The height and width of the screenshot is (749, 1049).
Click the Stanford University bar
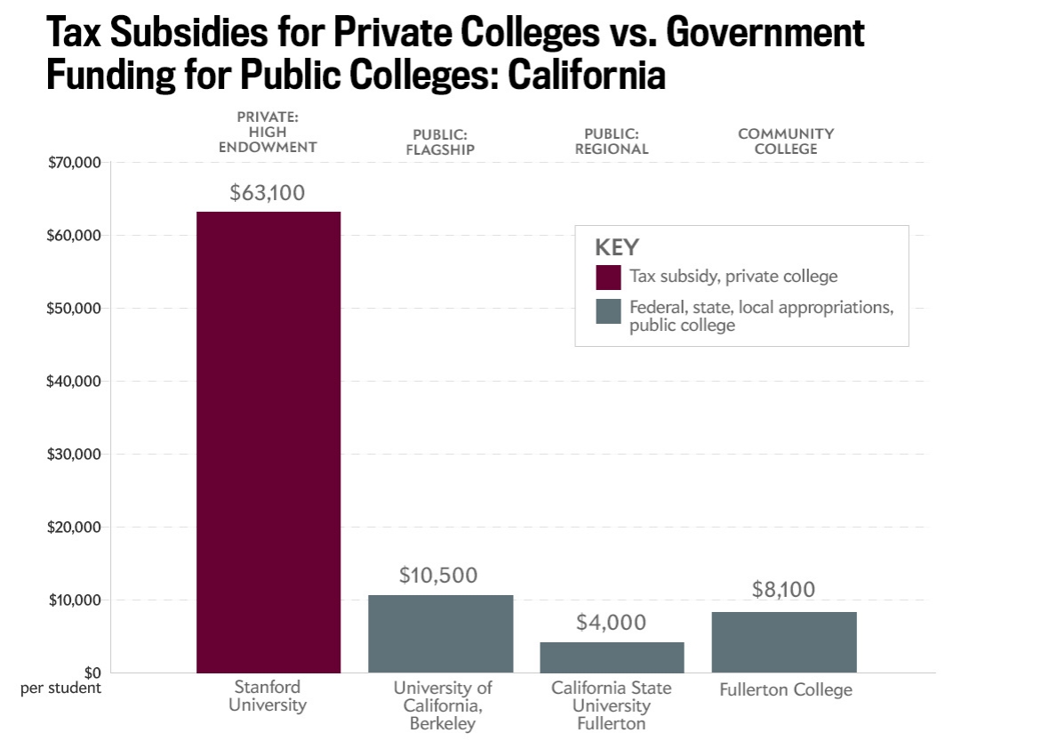pyautogui.click(x=268, y=441)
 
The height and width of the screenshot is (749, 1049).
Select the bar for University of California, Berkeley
pyautogui.click(x=440, y=633)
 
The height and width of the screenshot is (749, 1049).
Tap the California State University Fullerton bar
pyautogui.click(x=612, y=656)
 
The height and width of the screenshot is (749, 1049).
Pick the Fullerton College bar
pyautogui.click(x=784, y=641)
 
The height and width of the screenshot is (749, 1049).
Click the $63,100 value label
pyautogui.click(x=267, y=193)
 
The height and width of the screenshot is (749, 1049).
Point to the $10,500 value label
pyautogui.click(x=440, y=576)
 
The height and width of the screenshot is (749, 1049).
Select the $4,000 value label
pyautogui.click(x=612, y=623)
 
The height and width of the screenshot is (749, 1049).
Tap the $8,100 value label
pyautogui.click(x=783, y=590)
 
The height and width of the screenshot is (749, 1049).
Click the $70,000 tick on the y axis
pyautogui.click(x=75, y=163)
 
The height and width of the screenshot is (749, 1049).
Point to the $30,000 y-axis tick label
pyautogui.click(x=75, y=455)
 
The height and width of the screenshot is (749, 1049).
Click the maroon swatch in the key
pyautogui.click(x=609, y=277)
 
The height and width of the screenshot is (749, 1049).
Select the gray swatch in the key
pyautogui.click(x=609, y=311)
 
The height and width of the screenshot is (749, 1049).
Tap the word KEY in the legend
pyautogui.click(x=617, y=247)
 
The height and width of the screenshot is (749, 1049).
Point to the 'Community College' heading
pyautogui.click(x=786, y=141)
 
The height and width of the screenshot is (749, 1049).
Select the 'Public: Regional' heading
pyautogui.click(x=612, y=141)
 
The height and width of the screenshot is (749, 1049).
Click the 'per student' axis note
pyautogui.click(x=61, y=688)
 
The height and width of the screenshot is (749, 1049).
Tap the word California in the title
pyautogui.click(x=587, y=76)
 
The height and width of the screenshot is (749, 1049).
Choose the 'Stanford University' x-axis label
pyautogui.click(x=268, y=696)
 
